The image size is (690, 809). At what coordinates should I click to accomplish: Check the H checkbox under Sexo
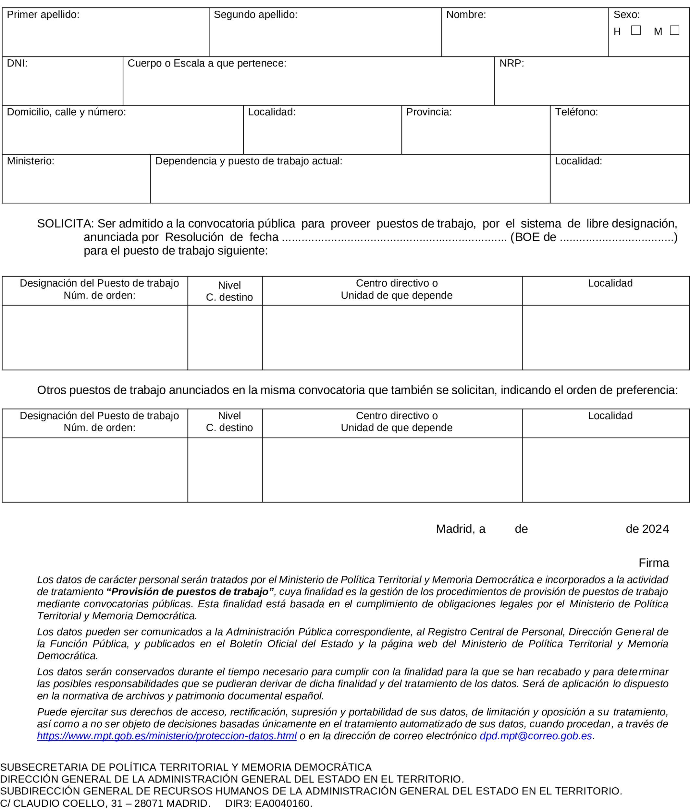636,30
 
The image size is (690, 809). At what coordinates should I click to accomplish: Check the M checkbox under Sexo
674,30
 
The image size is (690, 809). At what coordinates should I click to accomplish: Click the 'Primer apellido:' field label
43,15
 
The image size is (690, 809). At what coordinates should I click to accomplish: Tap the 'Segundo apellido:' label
255,15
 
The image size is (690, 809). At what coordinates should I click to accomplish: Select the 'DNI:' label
17,63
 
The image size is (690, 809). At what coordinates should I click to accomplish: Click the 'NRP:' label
511,63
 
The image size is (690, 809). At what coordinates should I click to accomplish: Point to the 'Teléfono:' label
576,112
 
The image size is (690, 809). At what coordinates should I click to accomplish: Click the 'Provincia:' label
429,112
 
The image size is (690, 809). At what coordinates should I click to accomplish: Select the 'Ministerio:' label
31,161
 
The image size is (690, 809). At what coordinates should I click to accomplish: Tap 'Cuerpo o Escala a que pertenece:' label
207,63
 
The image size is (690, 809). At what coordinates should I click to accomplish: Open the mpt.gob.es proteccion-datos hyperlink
166,736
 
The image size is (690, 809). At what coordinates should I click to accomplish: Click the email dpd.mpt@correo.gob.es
536,736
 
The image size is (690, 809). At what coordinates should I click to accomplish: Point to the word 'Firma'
654,563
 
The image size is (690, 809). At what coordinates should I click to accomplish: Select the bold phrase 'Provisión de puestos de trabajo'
190,591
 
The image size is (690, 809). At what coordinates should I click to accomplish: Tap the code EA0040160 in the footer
282,803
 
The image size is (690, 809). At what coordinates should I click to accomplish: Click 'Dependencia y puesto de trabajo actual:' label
249,161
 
